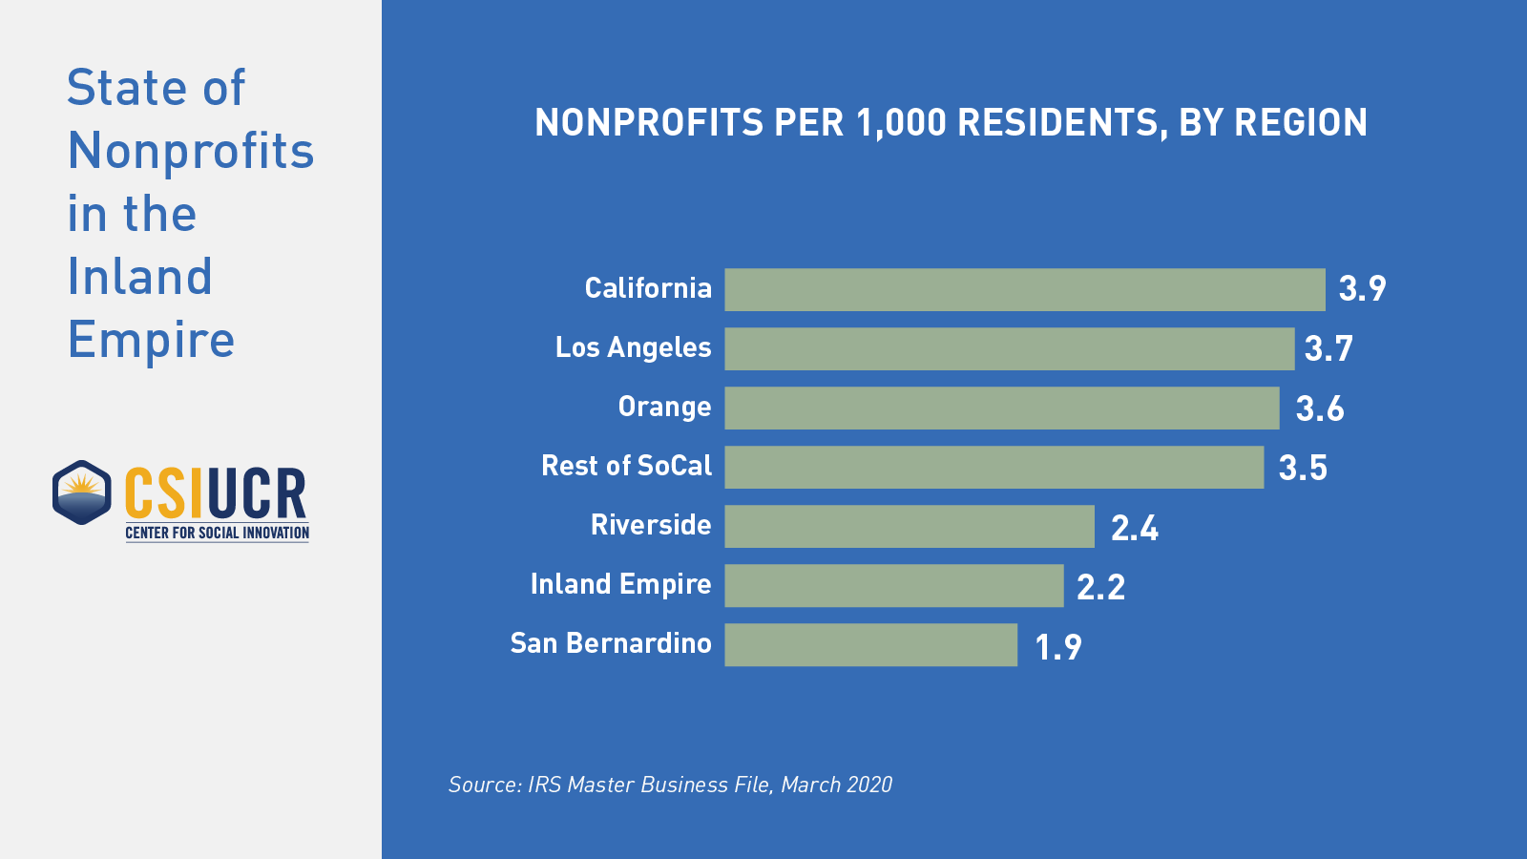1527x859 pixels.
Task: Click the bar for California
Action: tap(1024, 289)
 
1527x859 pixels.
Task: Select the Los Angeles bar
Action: tap(1009, 348)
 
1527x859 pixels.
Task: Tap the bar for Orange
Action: tap(1001, 408)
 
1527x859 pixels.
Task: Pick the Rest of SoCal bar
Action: tap(994, 467)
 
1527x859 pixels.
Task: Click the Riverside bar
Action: tap(909, 526)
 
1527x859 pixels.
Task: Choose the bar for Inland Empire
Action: tap(893, 585)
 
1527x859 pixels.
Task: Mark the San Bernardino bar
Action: tap(870, 644)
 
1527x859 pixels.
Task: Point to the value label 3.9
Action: tap(1362, 288)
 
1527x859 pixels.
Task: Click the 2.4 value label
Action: tap(1134, 528)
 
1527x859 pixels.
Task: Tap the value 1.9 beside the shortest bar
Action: tap(1057, 647)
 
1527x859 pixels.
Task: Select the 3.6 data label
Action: tap(1319, 409)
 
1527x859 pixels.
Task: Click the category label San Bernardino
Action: tap(611, 643)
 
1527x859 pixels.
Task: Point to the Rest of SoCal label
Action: tap(626, 466)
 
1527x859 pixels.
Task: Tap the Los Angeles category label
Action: tap(633, 347)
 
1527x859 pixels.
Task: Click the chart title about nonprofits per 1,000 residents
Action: tap(951, 122)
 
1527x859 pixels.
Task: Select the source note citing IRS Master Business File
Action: tap(670, 785)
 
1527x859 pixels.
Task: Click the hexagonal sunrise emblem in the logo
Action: tap(82, 492)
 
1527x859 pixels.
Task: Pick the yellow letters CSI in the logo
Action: tap(163, 493)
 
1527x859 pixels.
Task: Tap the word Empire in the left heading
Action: tap(151, 340)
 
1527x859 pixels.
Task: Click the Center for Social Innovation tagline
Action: tap(217, 533)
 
